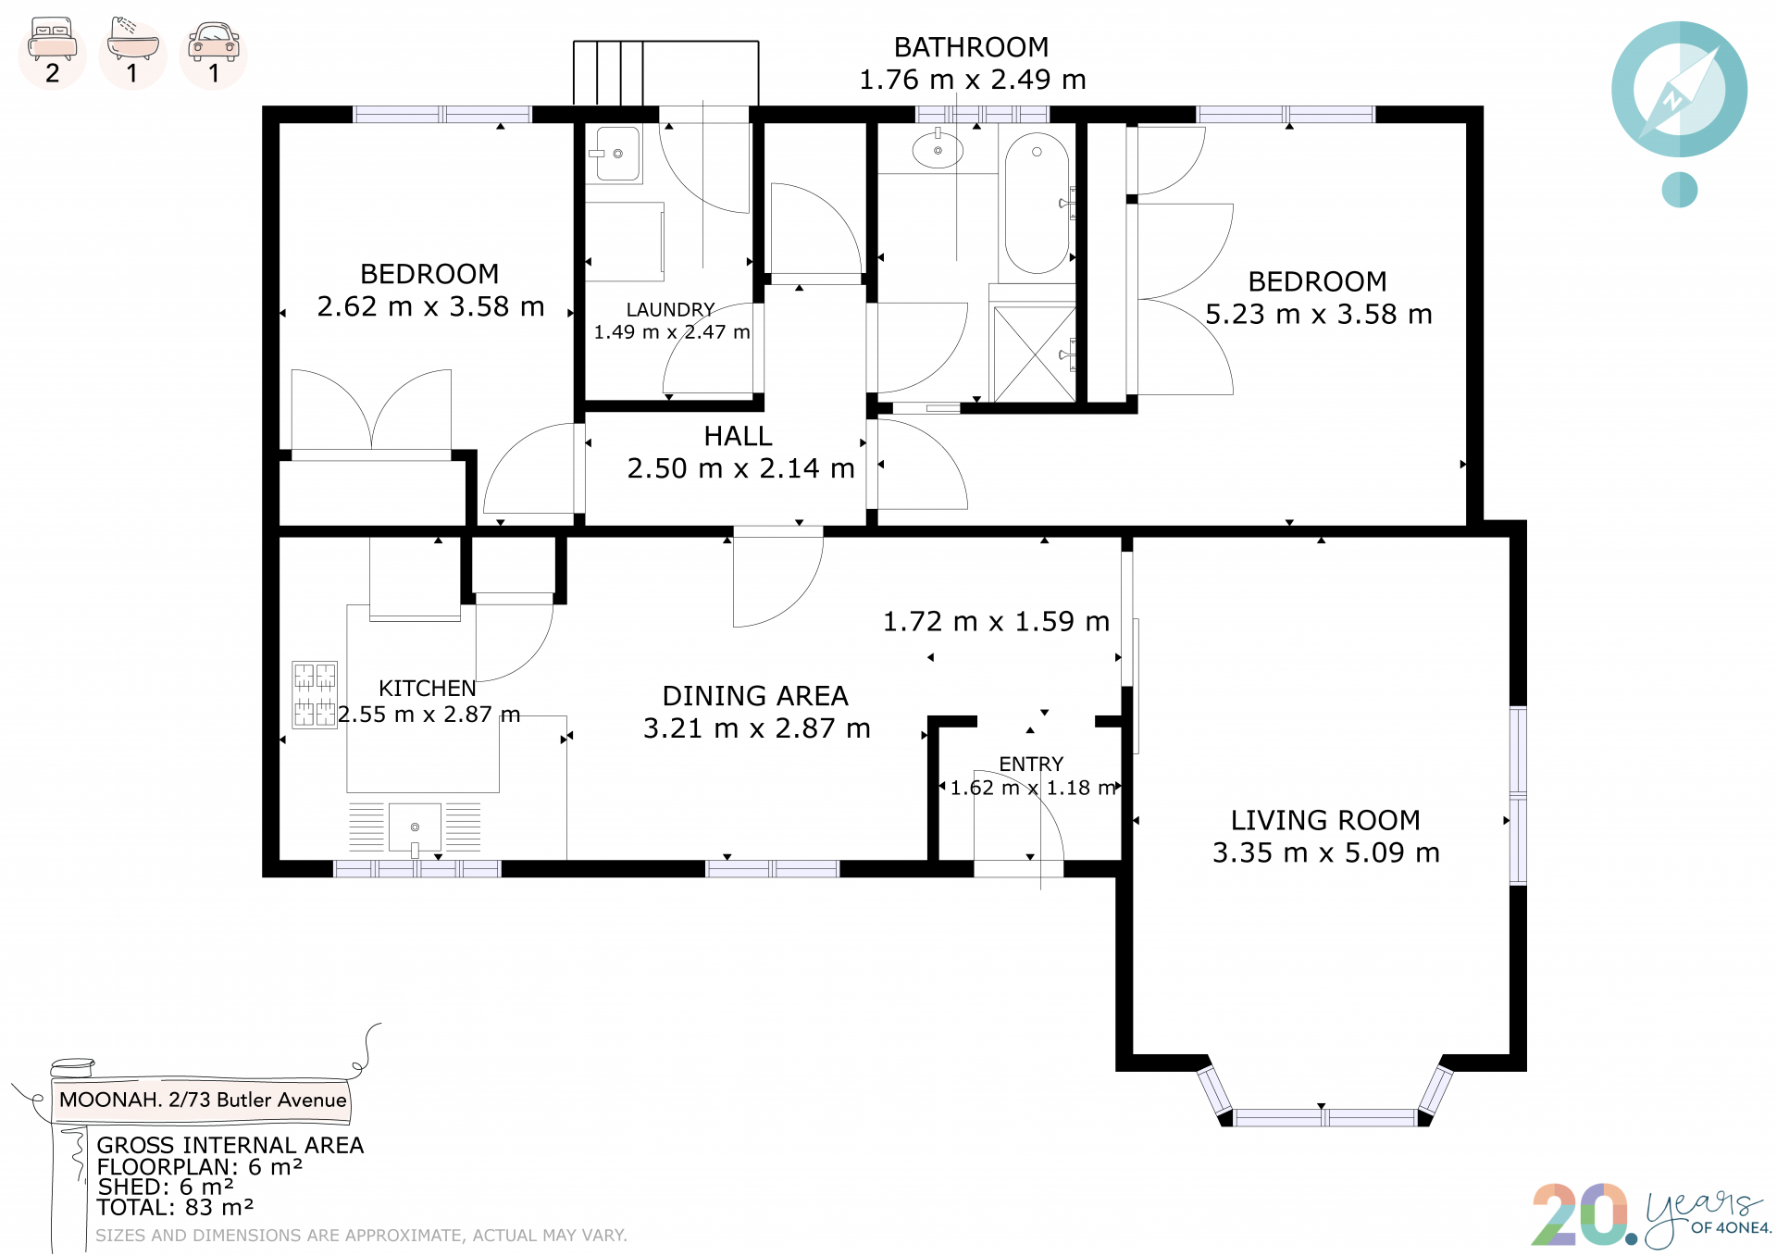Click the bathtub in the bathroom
(1037, 204)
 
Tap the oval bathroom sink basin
(938, 150)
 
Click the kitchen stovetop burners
(315, 694)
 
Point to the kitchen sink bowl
(415, 827)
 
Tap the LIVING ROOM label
(1325, 820)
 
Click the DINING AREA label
(755, 696)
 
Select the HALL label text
(738, 436)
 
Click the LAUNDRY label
(671, 309)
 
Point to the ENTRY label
(1031, 764)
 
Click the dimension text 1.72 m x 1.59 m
(996, 621)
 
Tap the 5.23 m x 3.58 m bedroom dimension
(1319, 315)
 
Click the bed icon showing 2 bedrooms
(53, 52)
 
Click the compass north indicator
(1680, 91)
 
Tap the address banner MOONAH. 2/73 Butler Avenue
(202, 1100)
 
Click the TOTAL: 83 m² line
(175, 1208)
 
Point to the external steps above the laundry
(665, 73)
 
